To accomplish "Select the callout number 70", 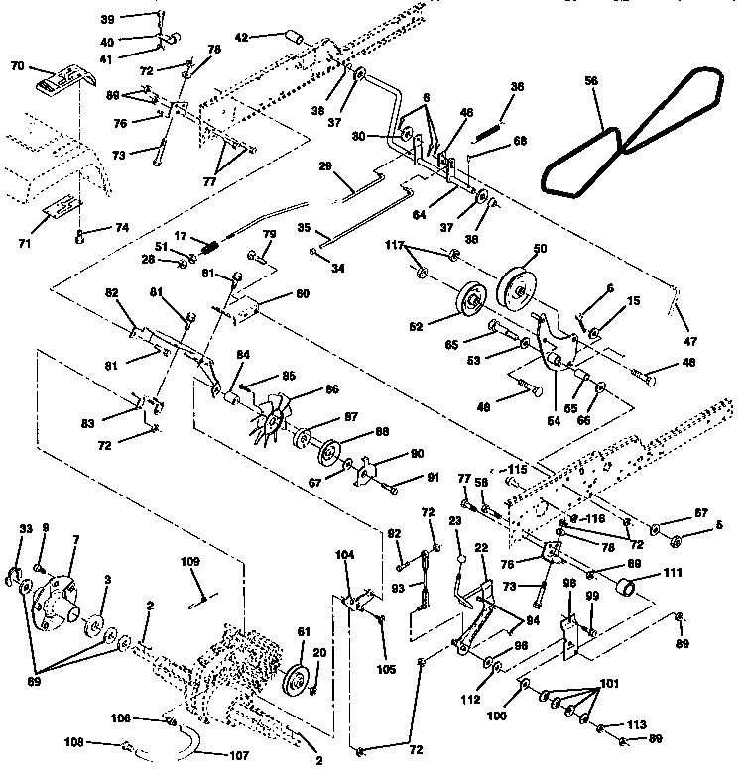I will [17, 66].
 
